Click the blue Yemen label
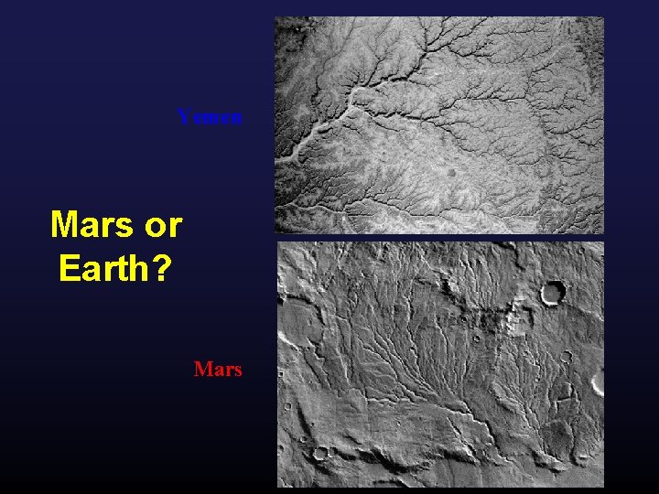pos(210,117)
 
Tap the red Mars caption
pos(218,370)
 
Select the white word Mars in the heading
pos(92,223)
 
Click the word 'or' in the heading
pos(161,224)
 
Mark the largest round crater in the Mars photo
pos(553,293)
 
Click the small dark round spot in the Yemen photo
pos(451,171)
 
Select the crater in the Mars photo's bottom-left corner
pos(320,453)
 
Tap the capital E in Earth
pos(70,268)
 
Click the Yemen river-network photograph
pos(439,124)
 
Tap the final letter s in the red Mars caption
pos(237,370)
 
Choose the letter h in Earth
pos(138,268)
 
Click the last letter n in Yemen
pos(236,118)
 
